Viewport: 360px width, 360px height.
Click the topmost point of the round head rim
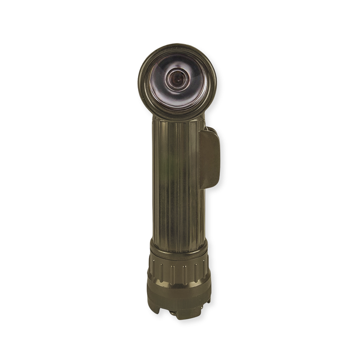tap(176, 44)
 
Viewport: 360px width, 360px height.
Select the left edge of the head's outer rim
tap(140, 80)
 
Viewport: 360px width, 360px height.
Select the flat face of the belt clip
tap(210, 157)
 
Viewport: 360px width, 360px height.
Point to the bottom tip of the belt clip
tap(209, 187)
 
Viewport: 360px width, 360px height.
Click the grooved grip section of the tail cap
tap(178, 270)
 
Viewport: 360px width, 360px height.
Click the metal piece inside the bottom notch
tap(173, 312)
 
